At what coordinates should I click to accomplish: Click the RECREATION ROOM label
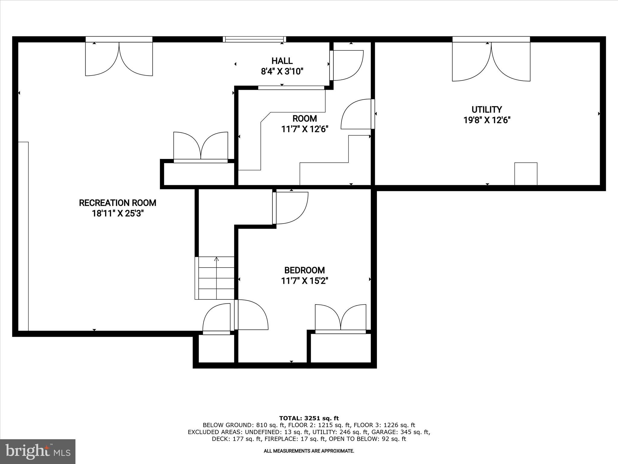pyautogui.click(x=117, y=203)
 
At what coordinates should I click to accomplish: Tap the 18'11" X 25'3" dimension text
pyautogui.click(x=117, y=214)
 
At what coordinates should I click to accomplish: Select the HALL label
pyautogui.click(x=282, y=61)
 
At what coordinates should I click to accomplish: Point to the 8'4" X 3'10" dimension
pyautogui.click(x=282, y=72)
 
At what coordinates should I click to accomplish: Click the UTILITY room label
pyautogui.click(x=486, y=109)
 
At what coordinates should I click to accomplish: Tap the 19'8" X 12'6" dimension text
pyautogui.click(x=486, y=120)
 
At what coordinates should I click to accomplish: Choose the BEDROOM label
pyautogui.click(x=304, y=270)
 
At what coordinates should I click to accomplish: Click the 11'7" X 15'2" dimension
pyautogui.click(x=304, y=281)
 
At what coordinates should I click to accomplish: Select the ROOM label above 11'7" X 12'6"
pyautogui.click(x=304, y=118)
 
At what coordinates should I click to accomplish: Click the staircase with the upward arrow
pyautogui.click(x=216, y=278)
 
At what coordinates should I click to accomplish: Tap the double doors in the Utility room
pyautogui.click(x=491, y=62)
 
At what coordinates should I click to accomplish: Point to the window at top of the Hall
pyautogui.click(x=254, y=39)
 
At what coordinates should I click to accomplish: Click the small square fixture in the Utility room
pyautogui.click(x=525, y=174)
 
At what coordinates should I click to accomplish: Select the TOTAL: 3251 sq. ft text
pyautogui.click(x=309, y=418)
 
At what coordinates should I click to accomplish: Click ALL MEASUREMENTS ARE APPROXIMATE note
pyautogui.click(x=309, y=451)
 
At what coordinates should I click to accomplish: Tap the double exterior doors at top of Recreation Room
pyautogui.click(x=119, y=59)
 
